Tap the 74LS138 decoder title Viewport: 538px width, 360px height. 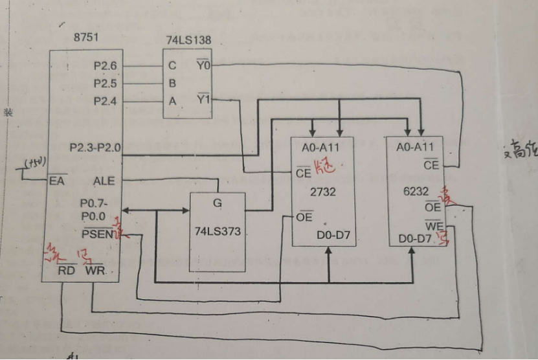click(188, 39)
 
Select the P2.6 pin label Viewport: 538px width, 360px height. click(104, 65)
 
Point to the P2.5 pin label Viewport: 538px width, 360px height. click(104, 83)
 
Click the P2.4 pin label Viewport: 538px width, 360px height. click(104, 100)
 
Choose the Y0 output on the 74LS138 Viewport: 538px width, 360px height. click(203, 65)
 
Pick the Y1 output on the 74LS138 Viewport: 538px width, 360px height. click(203, 100)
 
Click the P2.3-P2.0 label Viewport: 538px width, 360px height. click(95, 147)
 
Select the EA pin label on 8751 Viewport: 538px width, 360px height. click(57, 181)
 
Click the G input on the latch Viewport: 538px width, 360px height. click(217, 203)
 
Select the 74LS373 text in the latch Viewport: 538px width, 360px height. click(218, 231)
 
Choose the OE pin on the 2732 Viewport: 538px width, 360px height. click(304, 217)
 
